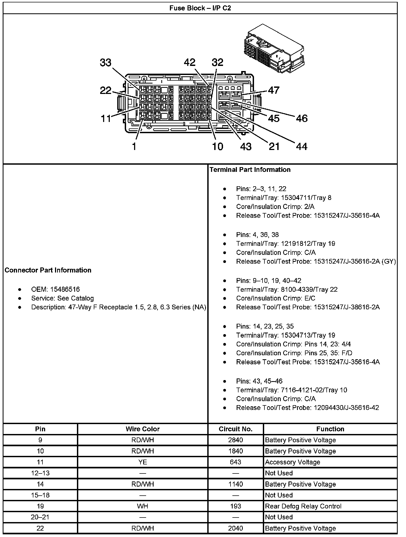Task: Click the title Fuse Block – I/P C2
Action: point(200,8)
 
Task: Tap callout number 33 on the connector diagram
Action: point(106,63)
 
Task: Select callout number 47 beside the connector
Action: point(274,90)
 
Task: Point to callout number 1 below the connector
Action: point(134,146)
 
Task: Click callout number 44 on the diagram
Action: point(302,146)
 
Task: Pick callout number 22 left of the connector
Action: point(106,90)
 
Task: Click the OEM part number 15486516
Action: point(65,289)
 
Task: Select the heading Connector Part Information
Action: point(48,270)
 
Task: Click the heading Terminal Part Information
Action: point(250,169)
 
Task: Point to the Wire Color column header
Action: point(143,429)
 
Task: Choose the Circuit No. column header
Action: point(235,429)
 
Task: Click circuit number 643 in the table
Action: point(235,462)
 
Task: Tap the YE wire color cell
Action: point(143,462)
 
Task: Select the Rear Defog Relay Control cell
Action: point(303,506)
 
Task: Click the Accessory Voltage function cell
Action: point(292,462)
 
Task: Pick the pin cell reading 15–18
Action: point(40,495)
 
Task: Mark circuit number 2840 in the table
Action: point(235,440)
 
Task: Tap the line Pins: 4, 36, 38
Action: point(257,235)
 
